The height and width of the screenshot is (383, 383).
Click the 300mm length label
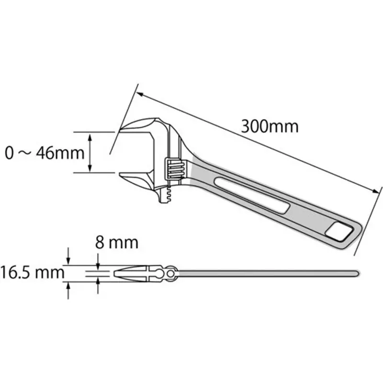click(270, 126)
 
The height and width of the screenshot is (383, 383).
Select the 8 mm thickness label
click(117, 242)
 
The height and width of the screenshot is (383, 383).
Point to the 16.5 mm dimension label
click(33, 273)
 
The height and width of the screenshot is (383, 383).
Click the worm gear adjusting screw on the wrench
click(174, 169)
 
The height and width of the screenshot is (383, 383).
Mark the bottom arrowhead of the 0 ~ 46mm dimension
click(90, 168)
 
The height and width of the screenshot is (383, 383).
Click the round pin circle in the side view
click(170, 273)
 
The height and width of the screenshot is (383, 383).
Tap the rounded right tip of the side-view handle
click(356, 273)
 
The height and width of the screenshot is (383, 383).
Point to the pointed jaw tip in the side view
click(117, 273)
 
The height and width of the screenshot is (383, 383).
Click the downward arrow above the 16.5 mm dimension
click(68, 261)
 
